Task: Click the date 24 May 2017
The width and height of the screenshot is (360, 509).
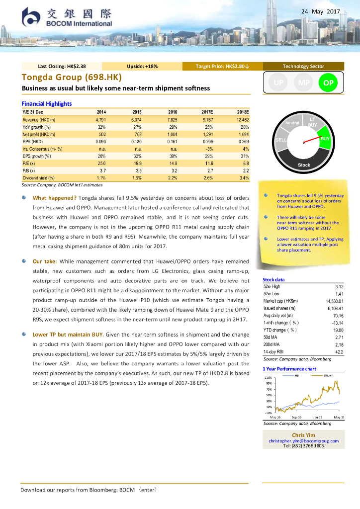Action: tap(321, 11)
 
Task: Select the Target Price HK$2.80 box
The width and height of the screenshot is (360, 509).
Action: tap(222, 66)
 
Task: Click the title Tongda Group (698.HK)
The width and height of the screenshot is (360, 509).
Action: tap(72, 78)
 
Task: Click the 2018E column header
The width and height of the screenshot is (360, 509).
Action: tap(243, 112)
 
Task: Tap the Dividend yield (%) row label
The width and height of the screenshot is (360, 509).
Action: tap(39, 177)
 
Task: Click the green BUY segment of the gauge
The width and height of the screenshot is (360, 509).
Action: tap(324, 139)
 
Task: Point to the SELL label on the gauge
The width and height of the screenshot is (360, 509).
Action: tap(281, 141)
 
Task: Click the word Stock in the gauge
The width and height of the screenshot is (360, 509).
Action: tap(304, 165)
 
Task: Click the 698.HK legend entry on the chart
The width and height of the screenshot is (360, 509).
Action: tap(328, 375)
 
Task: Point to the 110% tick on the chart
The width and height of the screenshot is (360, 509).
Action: tap(268, 378)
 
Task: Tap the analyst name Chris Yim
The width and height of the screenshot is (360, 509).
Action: tap(303, 435)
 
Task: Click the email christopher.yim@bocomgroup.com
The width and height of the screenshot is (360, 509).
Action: tap(303, 441)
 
